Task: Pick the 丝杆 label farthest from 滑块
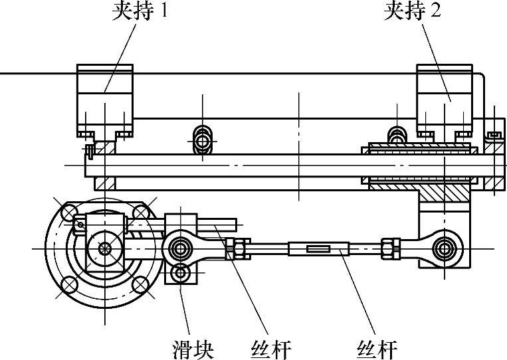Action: tap(376, 348)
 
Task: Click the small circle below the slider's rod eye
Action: tap(180, 272)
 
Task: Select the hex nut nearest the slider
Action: tap(237, 248)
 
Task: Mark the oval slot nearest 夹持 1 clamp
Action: tap(203, 140)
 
